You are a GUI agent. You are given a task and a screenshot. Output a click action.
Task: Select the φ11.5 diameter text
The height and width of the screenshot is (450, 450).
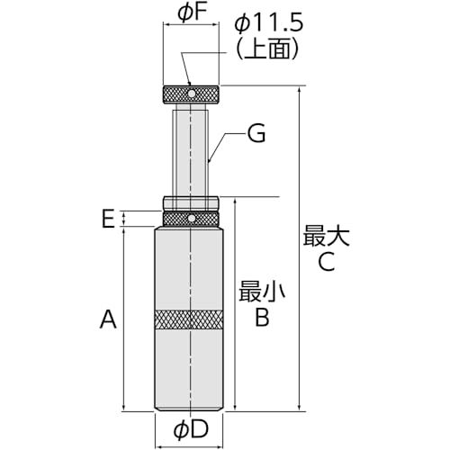point(269,23)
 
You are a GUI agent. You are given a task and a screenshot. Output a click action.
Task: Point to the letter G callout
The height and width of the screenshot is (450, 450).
point(256,133)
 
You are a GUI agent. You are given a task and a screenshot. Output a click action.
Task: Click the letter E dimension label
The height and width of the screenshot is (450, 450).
point(108,219)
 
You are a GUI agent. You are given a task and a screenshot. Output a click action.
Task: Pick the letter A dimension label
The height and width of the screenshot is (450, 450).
point(108,319)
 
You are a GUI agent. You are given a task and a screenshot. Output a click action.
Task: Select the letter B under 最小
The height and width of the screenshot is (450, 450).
point(262,317)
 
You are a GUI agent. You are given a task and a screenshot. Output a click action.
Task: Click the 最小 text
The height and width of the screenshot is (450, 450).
point(262,291)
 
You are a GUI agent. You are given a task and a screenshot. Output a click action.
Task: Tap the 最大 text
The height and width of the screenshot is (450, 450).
point(326,236)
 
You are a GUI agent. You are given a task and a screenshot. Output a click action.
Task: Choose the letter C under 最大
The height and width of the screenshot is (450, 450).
point(327,262)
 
